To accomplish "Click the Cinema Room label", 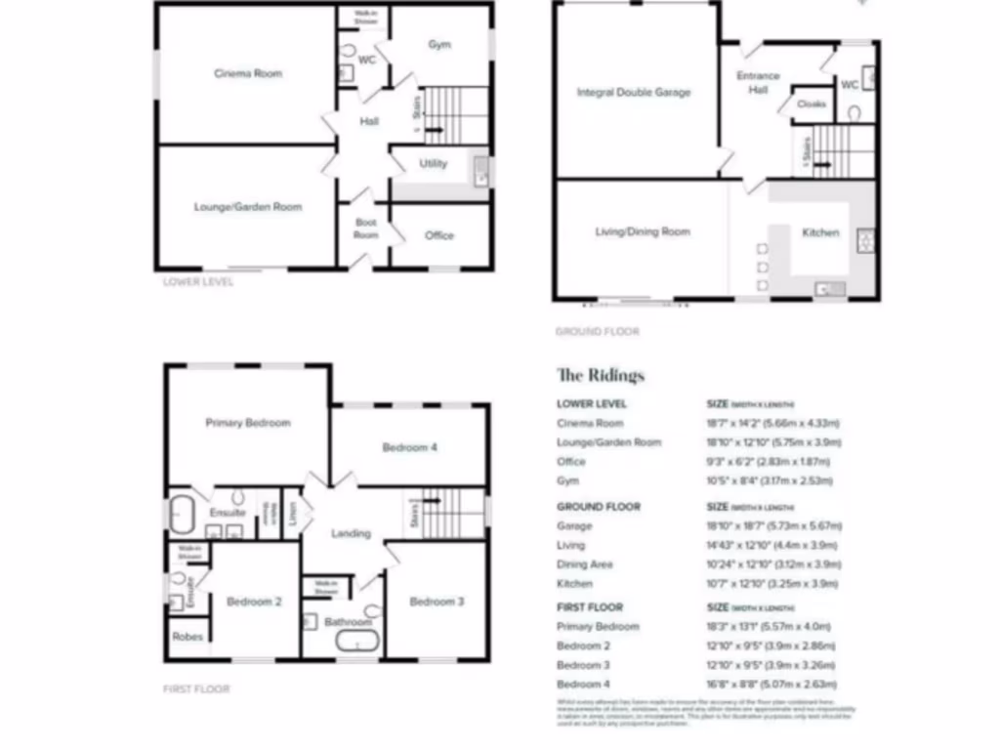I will click(248, 73).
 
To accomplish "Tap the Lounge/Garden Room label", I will click(248, 207).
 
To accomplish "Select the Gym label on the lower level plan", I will click(439, 45).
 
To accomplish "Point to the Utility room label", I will click(434, 163).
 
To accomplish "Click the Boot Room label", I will click(365, 229).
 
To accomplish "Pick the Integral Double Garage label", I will click(634, 93).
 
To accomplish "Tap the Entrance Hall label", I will click(759, 82).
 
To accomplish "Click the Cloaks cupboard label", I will click(812, 104).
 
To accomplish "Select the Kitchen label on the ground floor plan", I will click(820, 232).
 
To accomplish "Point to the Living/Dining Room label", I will click(643, 231).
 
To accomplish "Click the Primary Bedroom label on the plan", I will click(248, 423).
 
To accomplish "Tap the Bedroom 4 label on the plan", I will click(409, 447).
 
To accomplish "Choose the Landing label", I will click(351, 533).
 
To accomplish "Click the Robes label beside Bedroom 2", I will click(187, 637).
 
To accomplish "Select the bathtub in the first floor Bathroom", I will click(355, 642).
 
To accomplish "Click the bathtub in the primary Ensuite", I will click(184, 515).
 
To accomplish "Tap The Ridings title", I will click(601, 375).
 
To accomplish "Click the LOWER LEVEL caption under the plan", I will click(198, 281).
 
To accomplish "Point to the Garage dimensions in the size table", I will click(772, 525).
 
